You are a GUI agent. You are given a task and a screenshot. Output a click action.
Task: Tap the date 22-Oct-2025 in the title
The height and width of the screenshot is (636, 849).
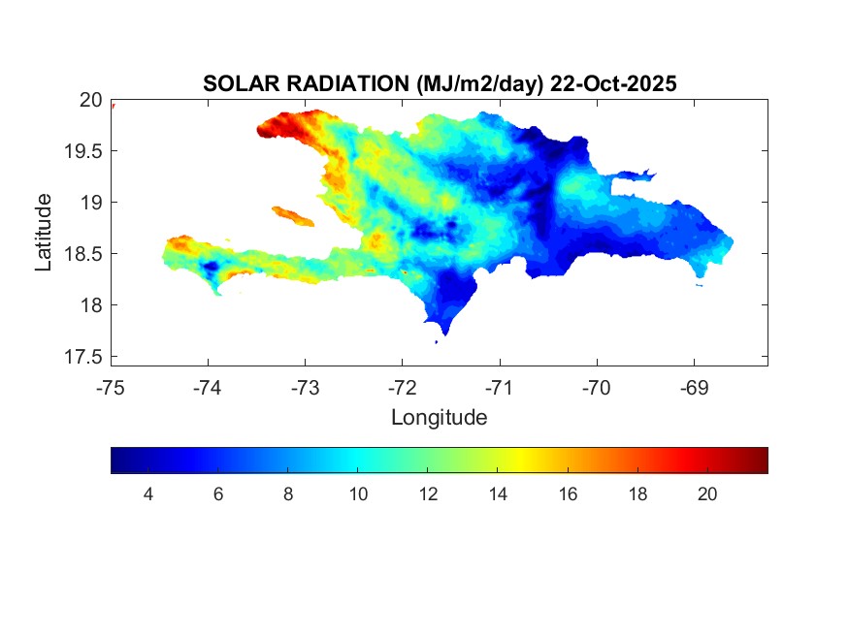pos(613,84)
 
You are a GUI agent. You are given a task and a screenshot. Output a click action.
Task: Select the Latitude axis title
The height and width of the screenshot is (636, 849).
pos(44,232)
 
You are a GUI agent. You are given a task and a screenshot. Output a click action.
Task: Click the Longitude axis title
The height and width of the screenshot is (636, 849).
pos(439,418)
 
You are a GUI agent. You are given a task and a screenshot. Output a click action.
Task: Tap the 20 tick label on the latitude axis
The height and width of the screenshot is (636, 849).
pos(90,99)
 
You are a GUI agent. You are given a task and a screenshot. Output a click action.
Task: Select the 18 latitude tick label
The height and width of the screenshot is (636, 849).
pos(90,305)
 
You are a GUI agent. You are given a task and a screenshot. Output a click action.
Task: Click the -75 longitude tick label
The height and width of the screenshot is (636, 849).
pos(111,388)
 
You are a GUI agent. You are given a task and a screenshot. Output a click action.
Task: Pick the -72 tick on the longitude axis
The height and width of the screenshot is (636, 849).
pos(402,388)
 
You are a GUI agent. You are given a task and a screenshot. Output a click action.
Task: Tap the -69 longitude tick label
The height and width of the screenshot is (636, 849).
pos(694,388)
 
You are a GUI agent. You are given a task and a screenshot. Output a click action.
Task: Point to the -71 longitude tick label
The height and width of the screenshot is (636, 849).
pos(499,388)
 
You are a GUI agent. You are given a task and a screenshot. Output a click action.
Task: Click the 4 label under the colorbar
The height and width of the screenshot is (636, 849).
pos(147,494)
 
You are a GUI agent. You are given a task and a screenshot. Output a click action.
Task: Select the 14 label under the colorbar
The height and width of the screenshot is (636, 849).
pos(498,494)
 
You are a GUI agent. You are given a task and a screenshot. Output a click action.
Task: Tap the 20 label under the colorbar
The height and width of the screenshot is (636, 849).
pos(707,494)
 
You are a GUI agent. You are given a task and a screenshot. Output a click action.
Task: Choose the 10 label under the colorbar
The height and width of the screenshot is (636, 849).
pos(358,494)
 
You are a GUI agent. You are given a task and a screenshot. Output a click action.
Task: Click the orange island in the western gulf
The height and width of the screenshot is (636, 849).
pos(292,215)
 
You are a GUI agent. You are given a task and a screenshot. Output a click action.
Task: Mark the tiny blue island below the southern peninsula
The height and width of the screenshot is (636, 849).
pos(437,341)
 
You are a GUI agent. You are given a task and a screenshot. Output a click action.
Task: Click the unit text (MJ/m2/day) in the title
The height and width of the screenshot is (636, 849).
pos(479,84)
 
